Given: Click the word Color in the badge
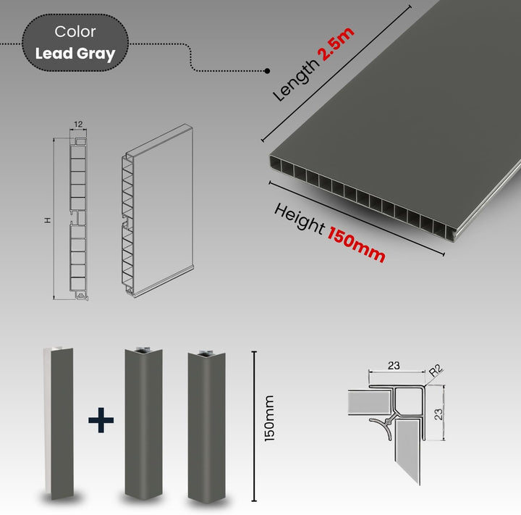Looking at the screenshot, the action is pos(75,32).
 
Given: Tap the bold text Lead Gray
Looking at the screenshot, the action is pos(75,54).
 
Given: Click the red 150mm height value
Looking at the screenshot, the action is pos(357,244).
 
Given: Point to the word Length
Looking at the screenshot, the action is pos(294,80).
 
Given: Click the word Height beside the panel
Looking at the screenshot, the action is pos(299,219).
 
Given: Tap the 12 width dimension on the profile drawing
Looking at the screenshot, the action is pos(78,124).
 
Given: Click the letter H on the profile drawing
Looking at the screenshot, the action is pos(48,220).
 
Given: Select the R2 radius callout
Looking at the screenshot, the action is pos(436,370).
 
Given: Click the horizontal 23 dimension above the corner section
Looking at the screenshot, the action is pos(394,365).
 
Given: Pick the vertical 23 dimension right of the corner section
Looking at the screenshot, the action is pos(439,414).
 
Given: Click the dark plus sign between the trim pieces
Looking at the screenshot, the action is pos(101,420).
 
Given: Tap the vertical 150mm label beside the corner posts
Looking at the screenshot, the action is pos(269,419).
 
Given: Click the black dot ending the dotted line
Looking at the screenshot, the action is pos(267,71).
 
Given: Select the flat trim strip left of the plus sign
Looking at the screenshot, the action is pos(59,422).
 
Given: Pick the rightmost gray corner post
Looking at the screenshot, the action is pos(207,426).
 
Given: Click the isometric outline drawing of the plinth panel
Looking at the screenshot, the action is pos(157,210).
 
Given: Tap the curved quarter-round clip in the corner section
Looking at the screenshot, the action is pos(382,426).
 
